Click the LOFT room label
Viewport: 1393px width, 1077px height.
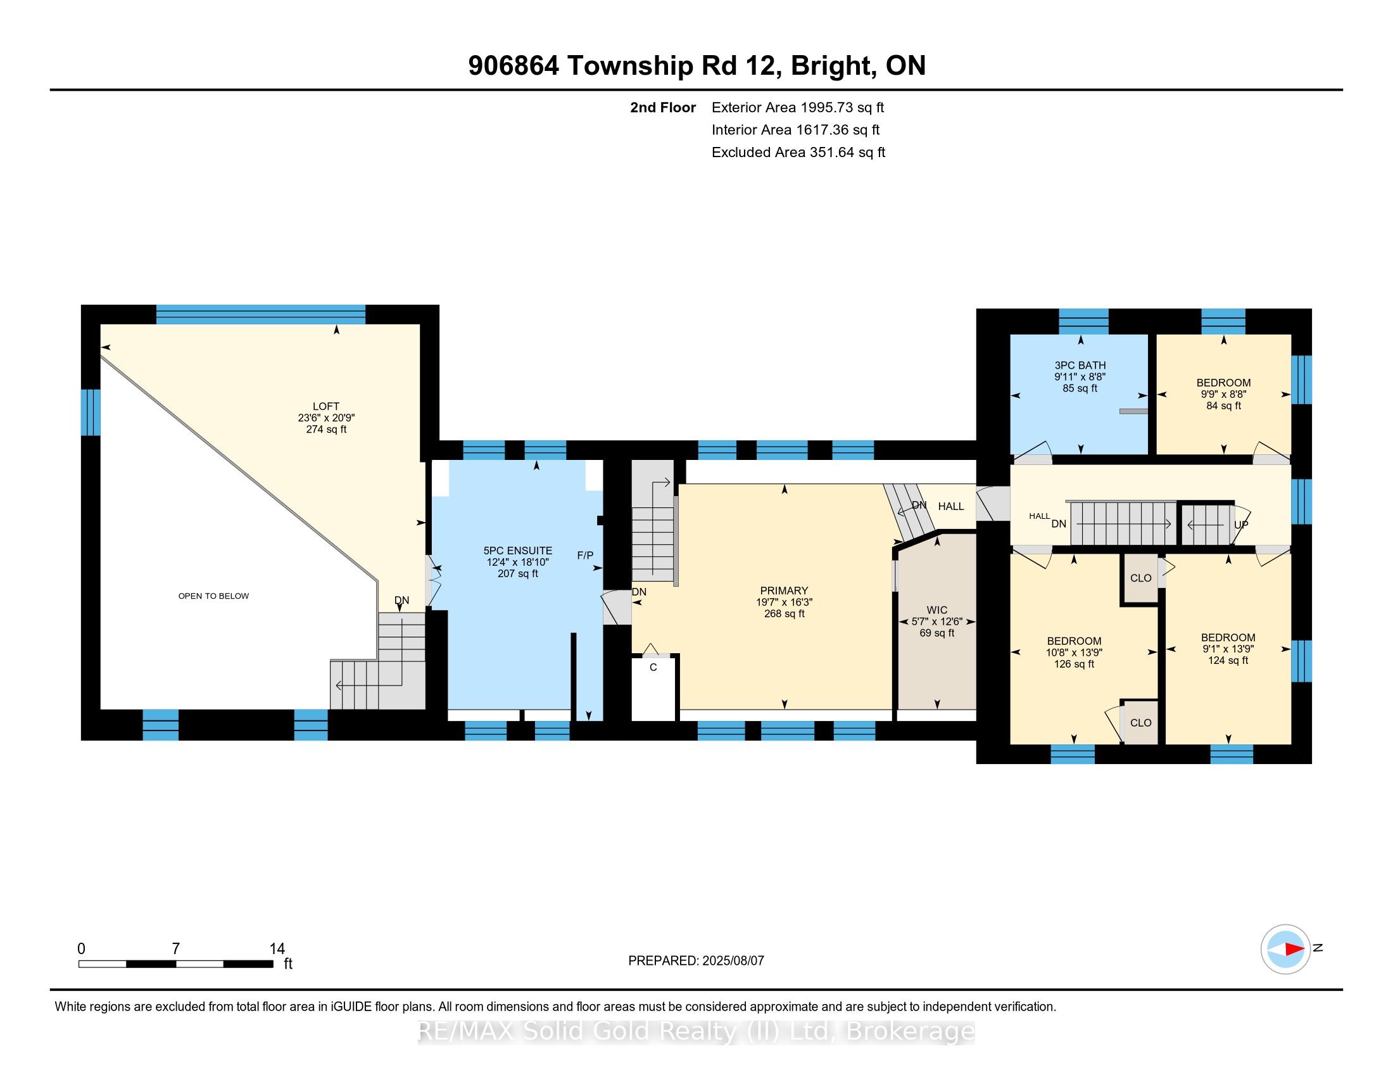326,406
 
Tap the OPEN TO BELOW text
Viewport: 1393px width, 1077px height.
213,596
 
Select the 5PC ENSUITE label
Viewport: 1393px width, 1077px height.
518,551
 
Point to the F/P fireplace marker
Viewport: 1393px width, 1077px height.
585,555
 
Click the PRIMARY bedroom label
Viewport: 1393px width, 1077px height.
784,591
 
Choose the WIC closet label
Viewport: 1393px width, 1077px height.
937,610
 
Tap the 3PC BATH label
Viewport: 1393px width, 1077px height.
1080,366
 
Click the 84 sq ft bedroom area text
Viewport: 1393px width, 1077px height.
1223,406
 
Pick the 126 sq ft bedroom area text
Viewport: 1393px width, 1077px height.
1074,664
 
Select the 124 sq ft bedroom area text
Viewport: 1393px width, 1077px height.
1228,660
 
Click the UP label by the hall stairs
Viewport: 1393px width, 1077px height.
1241,525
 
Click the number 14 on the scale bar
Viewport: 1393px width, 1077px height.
277,949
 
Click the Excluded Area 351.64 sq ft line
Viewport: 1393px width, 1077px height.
798,153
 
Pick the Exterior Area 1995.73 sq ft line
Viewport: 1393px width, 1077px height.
798,108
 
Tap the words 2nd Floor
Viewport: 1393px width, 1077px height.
663,108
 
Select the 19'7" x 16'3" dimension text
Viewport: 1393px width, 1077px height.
784,602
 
